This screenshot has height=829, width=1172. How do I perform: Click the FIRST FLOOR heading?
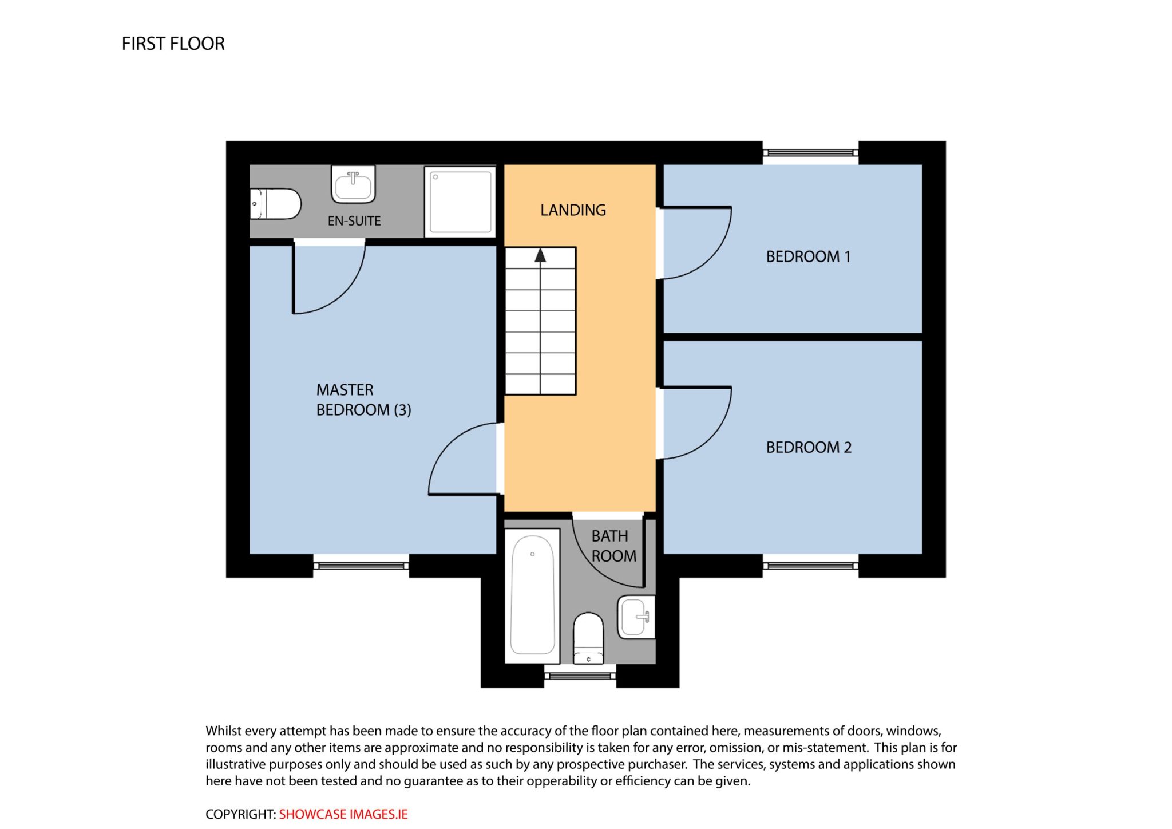[x=173, y=44]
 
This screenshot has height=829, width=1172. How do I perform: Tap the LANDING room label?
[x=573, y=210]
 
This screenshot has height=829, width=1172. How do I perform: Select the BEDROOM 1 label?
[x=808, y=256]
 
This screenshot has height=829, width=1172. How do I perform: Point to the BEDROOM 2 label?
[x=809, y=447]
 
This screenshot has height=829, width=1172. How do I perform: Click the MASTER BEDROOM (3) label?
[x=363, y=400]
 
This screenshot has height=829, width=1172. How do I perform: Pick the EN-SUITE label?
[x=354, y=221]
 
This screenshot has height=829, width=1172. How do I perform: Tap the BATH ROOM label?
[x=613, y=546]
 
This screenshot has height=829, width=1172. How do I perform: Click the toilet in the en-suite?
[x=276, y=204]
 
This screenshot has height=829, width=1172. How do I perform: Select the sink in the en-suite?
[x=353, y=184]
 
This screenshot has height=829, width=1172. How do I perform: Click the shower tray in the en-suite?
[x=460, y=202]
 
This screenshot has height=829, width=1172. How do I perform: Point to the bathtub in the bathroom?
[x=532, y=595]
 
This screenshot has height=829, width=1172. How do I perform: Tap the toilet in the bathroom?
[x=588, y=638]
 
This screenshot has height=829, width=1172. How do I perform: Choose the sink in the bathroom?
[x=636, y=617]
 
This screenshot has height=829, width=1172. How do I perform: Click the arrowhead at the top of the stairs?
[x=540, y=255]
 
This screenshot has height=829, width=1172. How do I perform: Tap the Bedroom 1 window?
[x=811, y=153]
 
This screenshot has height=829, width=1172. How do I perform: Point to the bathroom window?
[x=580, y=676]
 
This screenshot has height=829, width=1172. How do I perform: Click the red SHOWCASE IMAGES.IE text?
[x=343, y=814]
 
